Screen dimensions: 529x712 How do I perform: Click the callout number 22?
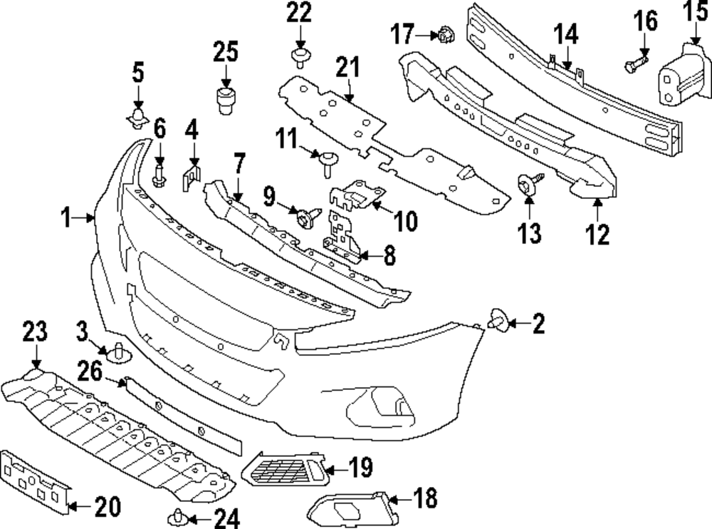coord(300,13)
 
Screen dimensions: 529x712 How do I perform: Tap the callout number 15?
coord(696,12)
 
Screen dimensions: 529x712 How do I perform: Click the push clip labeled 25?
coord(226,101)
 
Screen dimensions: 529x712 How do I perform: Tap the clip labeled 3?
coord(117,351)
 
